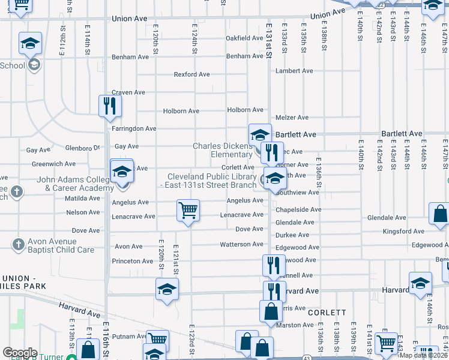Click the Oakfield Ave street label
(x=244, y=38)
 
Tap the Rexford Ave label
(x=191, y=74)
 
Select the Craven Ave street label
(x=128, y=92)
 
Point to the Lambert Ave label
(x=294, y=71)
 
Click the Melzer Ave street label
(x=292, y=118)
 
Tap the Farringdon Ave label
(x=134, y=128)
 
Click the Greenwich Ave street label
(x=53, y=163)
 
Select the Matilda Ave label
(x=82, y=198)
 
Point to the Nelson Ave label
(x=83, y=212)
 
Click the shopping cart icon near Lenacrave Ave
(x=188, y=211)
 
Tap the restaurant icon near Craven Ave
(x=110, y=106)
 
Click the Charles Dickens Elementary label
(x=223, y=150)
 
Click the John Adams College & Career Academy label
(x=75, y=183)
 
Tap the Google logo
(x=20, y=352)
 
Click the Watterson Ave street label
(x=242, y=244)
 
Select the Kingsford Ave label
(x=405, y=231)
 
